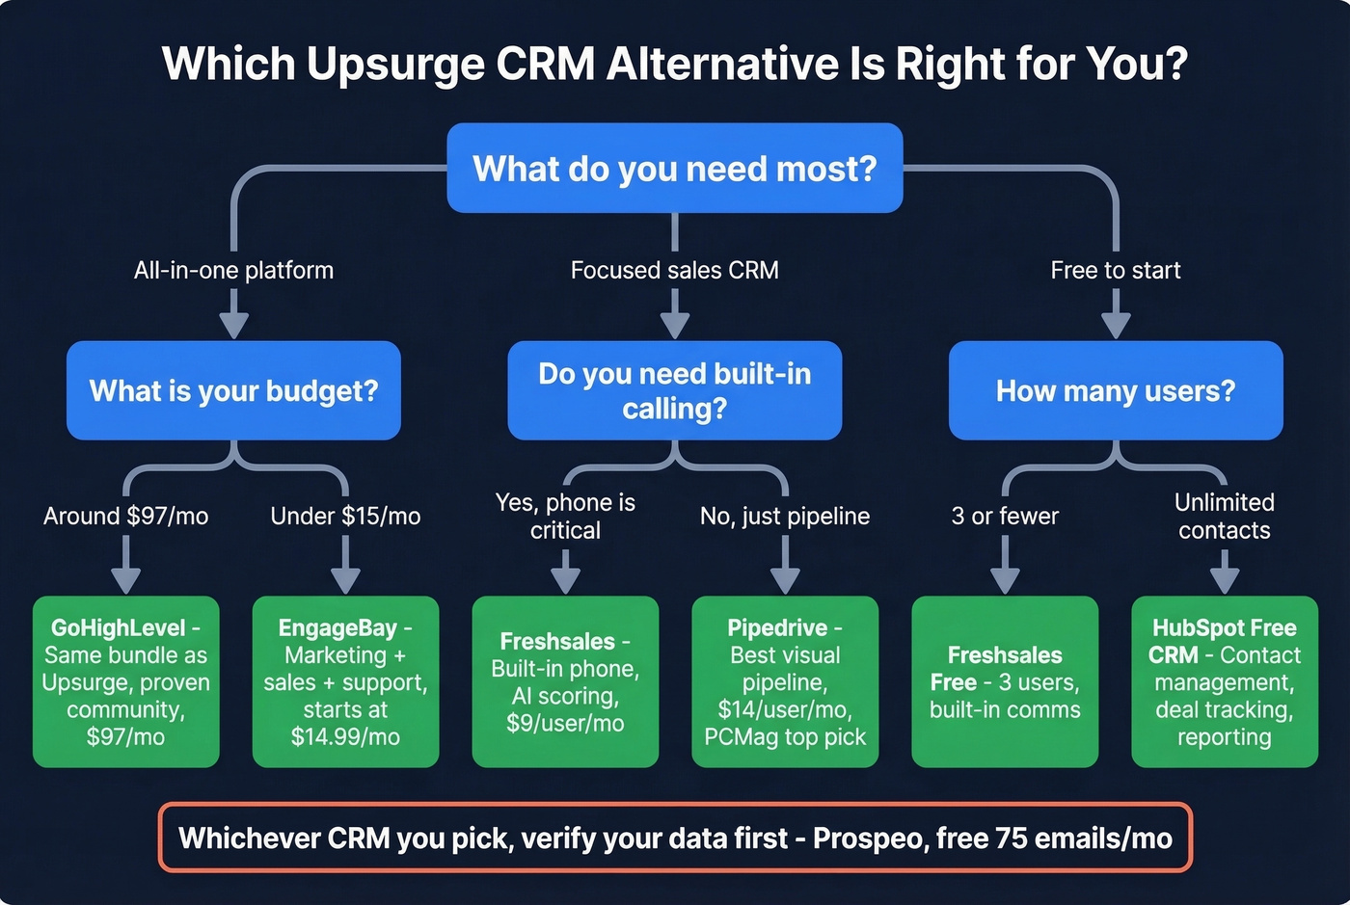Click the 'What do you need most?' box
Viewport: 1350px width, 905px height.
674,169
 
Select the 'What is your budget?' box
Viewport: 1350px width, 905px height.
233,390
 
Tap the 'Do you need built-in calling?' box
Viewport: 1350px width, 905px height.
674,390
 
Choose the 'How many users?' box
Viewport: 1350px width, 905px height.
1116,390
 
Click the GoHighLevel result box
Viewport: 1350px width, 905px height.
126,681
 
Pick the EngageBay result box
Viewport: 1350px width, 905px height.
345,681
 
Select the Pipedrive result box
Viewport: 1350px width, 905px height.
785,681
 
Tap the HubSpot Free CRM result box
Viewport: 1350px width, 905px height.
1224,681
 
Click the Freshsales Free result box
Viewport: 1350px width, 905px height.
1005,681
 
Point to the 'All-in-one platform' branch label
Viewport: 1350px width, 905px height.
233,270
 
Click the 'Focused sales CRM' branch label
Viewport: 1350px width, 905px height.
674,270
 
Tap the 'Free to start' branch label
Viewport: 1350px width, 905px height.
1116,270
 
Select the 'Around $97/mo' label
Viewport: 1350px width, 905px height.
126,516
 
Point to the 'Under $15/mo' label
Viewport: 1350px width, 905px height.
345,516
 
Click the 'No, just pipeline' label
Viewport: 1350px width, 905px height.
785,516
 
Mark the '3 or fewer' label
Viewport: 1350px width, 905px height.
1005,516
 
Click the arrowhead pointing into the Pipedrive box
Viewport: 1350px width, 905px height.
785,582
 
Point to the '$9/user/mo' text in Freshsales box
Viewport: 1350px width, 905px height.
565,723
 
